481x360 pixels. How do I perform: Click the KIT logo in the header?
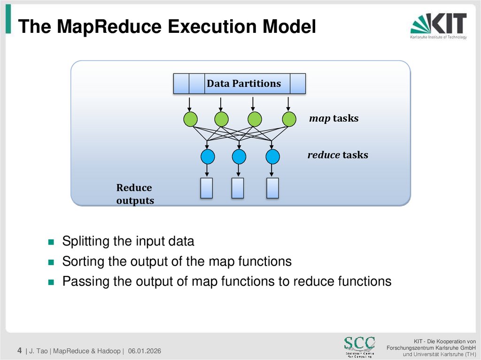coord(438,26)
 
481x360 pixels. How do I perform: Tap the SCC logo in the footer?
coord(359,346)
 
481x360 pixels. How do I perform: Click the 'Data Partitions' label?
coord(244,84)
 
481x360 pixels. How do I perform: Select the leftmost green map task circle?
coord(190,119)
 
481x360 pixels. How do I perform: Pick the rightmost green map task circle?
coord(289,119)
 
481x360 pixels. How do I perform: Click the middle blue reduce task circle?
coord(239,155)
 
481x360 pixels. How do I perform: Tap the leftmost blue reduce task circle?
coord(208,155)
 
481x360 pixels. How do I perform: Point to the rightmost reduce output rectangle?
coord(272,188)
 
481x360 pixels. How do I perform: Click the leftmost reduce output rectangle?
coord(207,188)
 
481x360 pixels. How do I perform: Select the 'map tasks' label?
coord(334,118)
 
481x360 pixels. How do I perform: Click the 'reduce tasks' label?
coord(337,155)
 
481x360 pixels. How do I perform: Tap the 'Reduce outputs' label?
coord(135,194)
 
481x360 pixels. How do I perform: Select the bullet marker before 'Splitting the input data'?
coord(52,243)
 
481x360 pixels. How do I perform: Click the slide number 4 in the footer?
coord(19,350)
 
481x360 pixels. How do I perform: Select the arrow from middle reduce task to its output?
coord(239,170)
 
